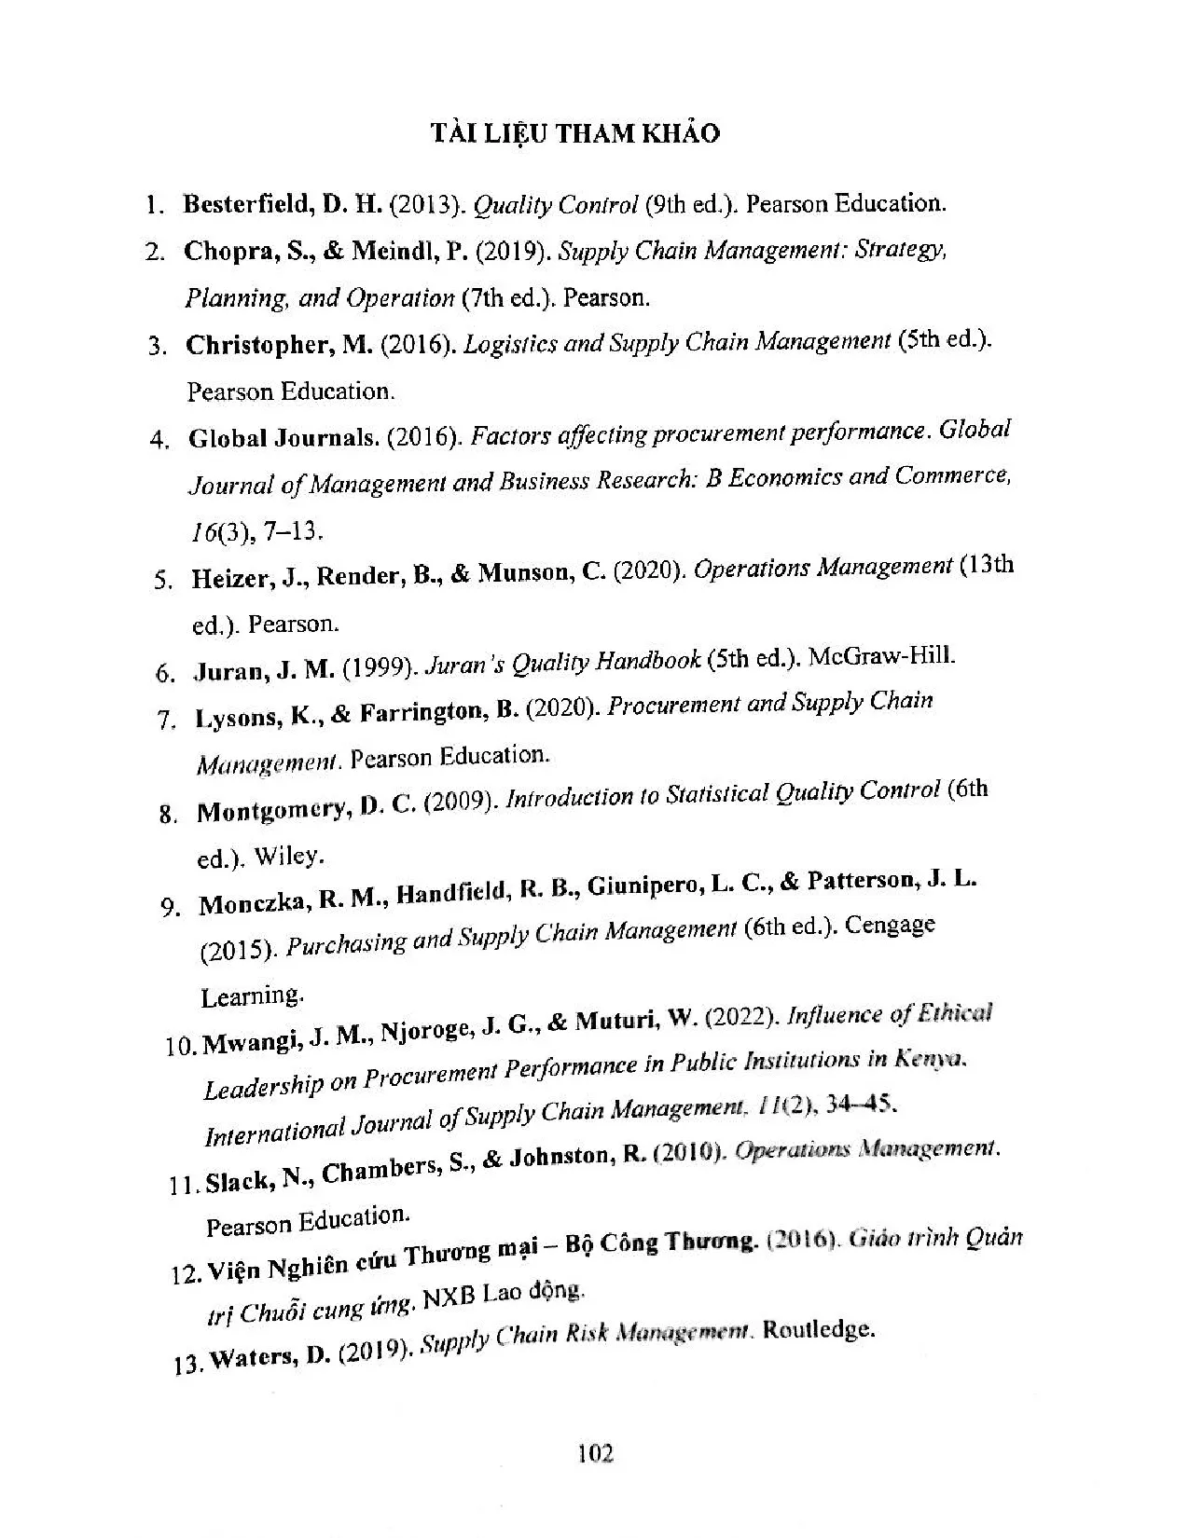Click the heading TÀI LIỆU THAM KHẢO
click(x=575, y=134)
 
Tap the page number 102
click(x=595, y=1453)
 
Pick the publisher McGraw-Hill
click(x=881, y=656)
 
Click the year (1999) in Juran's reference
click(x=379, y=667)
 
